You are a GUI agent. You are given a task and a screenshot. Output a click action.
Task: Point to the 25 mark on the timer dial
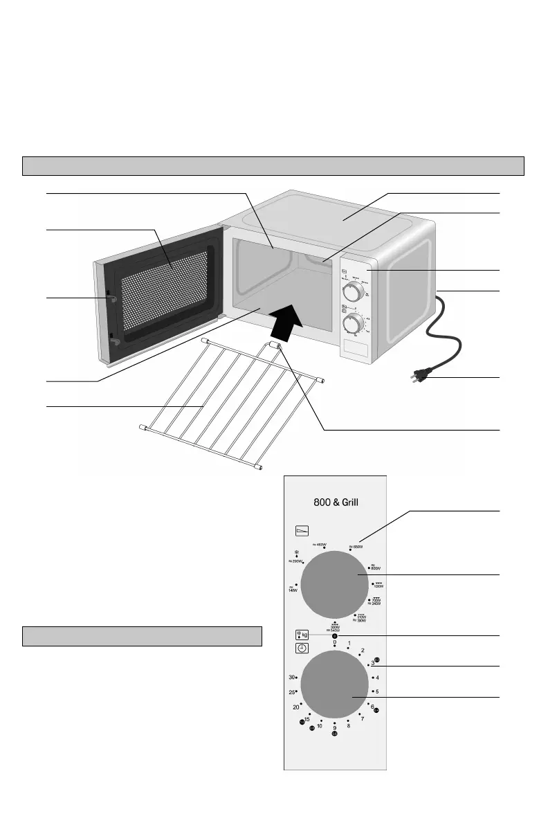click(x=293, y=692)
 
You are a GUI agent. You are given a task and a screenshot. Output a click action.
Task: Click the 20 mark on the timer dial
click(x=296, y=707)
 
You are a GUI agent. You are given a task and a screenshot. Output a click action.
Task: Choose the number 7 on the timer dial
click(x=362, y=719)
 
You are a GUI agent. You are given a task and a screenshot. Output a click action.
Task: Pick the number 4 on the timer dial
click(x=377, y=677)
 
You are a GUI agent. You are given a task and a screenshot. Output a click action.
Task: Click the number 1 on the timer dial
click(x=349, y=644)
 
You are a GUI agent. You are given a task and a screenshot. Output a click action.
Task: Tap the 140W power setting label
click(x=292, y=590)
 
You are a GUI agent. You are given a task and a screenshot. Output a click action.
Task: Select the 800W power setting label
click(x=376, y=567)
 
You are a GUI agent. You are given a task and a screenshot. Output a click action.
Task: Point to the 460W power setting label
click(x=319, y=545)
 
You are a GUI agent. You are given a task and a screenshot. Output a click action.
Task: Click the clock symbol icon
click(x=302, y=649)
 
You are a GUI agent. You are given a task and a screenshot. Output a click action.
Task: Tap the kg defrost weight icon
click(x=302, y=634)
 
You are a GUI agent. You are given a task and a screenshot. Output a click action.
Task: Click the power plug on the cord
click(x=419, y=377)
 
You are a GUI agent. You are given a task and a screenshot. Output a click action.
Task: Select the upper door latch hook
click(x=111, y=298)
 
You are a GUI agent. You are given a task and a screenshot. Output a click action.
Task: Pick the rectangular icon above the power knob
click(x=302, y=531)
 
